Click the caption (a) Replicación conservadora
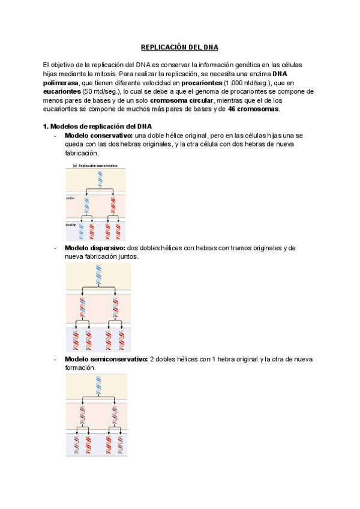click(x=95, y=165)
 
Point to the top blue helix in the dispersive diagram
click(x=98, y=276)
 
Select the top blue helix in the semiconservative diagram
click(x=98, y=385)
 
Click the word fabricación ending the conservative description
click(x=81, y=154)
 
